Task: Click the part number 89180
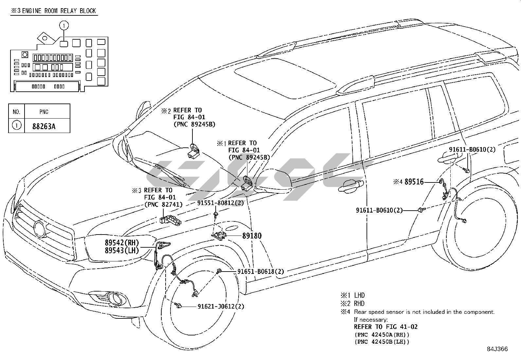[x=252, y=236]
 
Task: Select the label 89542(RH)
[x=122, y=243]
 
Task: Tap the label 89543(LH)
[x=122, y=251]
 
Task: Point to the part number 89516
[x=414, y=182]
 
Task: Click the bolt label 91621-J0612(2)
[x=221, y=307]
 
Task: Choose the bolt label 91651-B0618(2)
[x=260, y=272]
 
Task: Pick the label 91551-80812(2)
[x=220, y=203]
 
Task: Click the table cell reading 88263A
[x=44, y=126]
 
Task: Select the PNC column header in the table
[x=44, y=112]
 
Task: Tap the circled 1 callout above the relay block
[x=64, y=25]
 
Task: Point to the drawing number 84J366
[x=496, y=349]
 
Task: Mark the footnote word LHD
[x=359, y=295]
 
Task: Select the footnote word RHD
[x=359, y=304]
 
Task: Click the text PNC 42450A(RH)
[x=382, y=335]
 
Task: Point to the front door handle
[x=350, y=186]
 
